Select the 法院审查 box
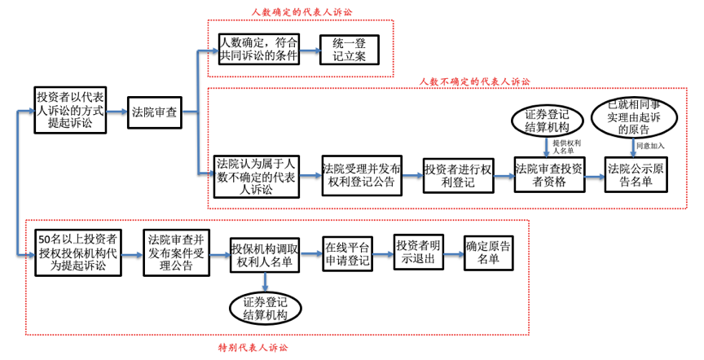154,111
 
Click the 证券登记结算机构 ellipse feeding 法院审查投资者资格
547,121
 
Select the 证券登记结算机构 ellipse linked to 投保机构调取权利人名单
266,309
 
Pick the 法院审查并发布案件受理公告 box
176,252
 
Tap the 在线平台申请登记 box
348,253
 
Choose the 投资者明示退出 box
420,252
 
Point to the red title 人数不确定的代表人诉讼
474,81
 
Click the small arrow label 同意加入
650,146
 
